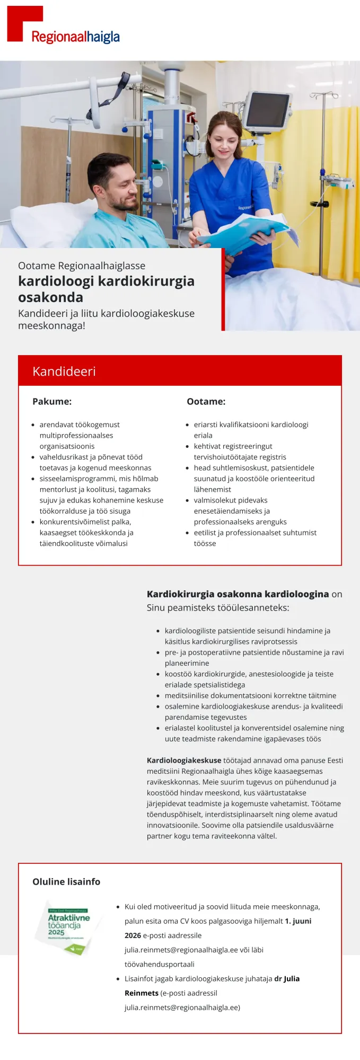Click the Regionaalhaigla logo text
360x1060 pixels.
tap(75, 37)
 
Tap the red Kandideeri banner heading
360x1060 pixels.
tap(64, 371)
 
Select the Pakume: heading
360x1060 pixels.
tap(52, 401)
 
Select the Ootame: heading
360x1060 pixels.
tap(206, 401)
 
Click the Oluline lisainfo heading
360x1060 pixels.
tap(66, 881)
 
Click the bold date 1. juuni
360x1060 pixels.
tap(298, 921)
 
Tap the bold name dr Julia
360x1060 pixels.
tap(287, 978)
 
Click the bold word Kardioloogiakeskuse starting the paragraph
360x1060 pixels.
tap(184, 760)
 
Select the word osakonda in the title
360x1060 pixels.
tap(50, 297)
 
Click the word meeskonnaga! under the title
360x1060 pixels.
tap(51, 325)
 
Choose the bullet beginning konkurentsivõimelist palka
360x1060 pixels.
tap(85, 522)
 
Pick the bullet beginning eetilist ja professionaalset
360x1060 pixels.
tap(255, 532)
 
